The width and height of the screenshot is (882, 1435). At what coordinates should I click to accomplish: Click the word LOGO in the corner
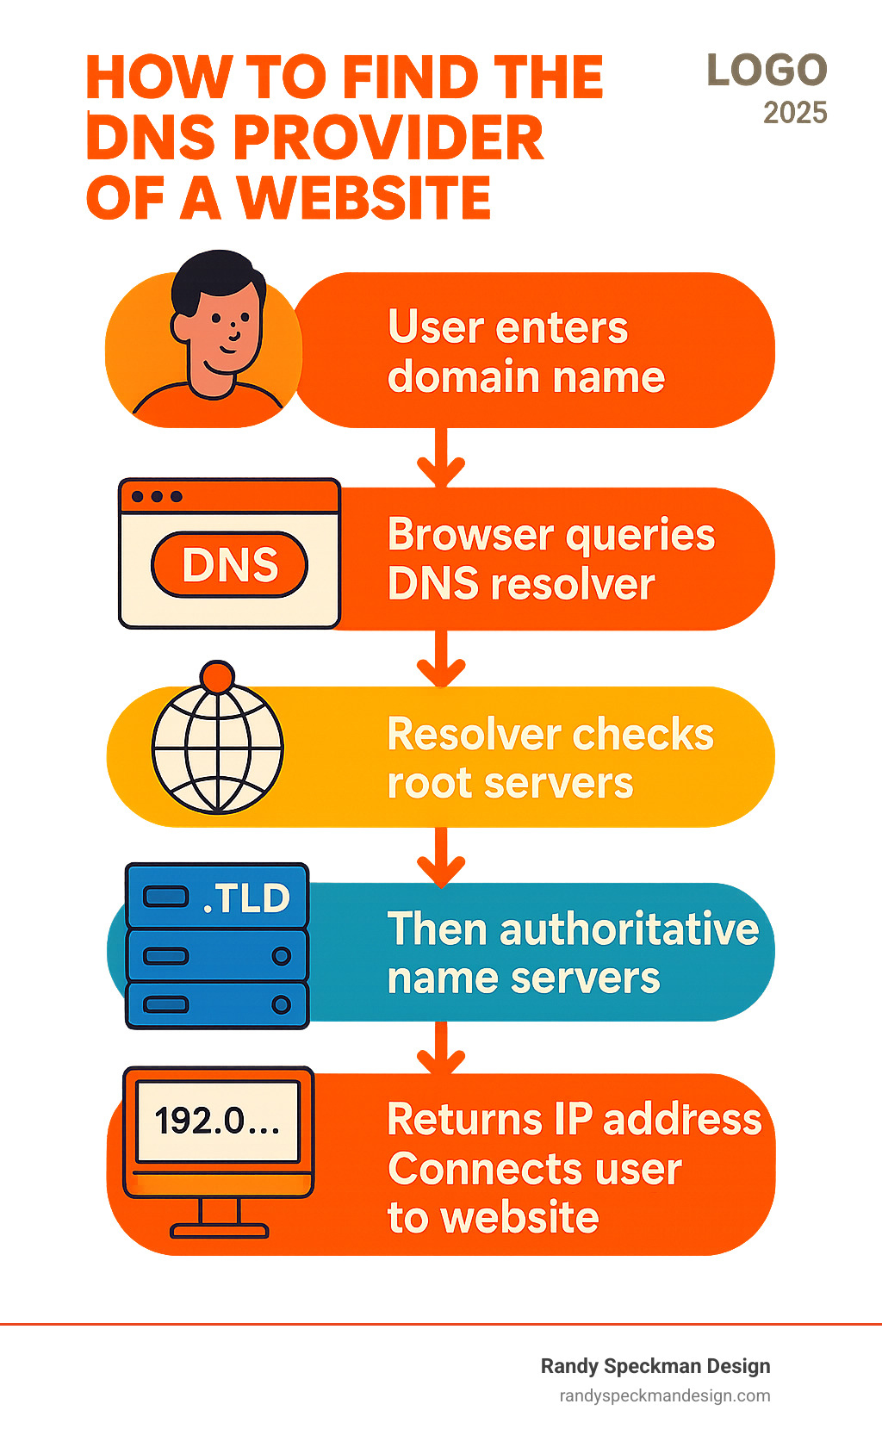(767, 71)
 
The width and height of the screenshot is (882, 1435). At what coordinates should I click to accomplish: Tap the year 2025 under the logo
(794, 113)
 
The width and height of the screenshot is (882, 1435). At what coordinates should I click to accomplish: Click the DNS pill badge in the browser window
(229, 565)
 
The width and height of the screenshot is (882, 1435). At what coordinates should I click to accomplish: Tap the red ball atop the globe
(217, 676)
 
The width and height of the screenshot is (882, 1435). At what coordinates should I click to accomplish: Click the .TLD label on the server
(246, 898)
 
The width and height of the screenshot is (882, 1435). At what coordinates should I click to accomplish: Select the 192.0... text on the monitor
(217, 1121)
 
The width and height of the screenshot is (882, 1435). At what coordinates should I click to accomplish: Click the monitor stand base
(219, 1231)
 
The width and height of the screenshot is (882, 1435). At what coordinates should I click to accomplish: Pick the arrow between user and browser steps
(441, 461)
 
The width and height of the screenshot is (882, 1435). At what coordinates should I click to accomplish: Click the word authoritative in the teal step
(629, 929)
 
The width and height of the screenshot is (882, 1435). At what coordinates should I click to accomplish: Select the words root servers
(510, 784)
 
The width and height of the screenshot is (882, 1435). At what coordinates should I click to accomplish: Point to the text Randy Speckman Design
(655, 1366)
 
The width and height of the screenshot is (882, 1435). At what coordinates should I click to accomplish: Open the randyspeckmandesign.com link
(664, 1395)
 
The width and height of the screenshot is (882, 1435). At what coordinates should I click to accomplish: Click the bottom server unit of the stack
(217, 1004)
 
